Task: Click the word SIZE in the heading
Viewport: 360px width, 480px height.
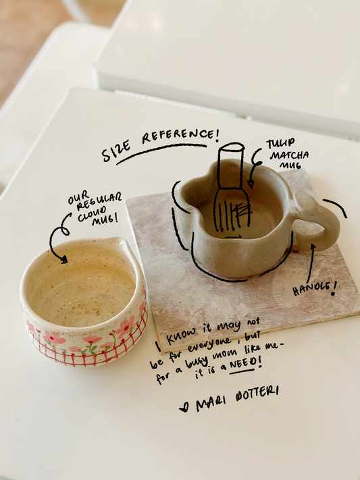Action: (x=116, y=151)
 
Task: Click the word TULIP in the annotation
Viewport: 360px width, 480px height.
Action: (x=281, y=143)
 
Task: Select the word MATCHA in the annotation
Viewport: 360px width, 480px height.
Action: (x=289, y=155)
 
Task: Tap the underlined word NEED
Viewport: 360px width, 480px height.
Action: (x=241, y=365)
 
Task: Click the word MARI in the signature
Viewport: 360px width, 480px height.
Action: (x=210, y=404)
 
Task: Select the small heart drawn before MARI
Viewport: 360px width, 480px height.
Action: (x=184, y=407)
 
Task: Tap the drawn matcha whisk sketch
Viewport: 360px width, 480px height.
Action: (x=232, y=187)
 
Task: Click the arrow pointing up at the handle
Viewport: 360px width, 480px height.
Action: (x=311, y=263)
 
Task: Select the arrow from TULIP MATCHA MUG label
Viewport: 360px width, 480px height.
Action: (x=253, y=167)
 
